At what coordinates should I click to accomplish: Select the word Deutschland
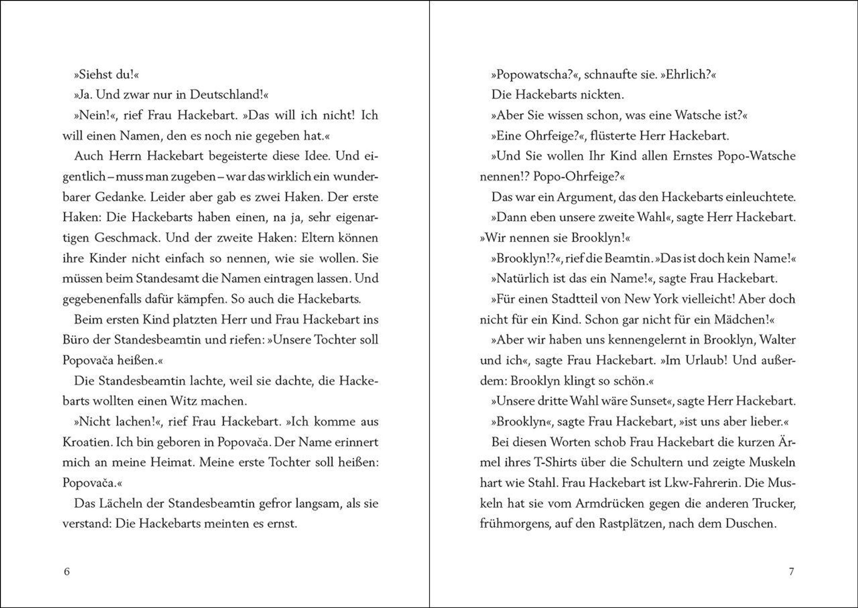pyautogui.click(x=226, y=95)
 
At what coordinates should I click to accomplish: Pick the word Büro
pyautogui.click(x=74, y=340)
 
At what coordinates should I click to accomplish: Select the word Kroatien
pyautogui.click(x=87, y=442)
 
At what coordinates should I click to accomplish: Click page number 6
pyautogui.click(x=67, y=572)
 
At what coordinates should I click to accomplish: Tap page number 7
pyautogui.click(x=791, y=572)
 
